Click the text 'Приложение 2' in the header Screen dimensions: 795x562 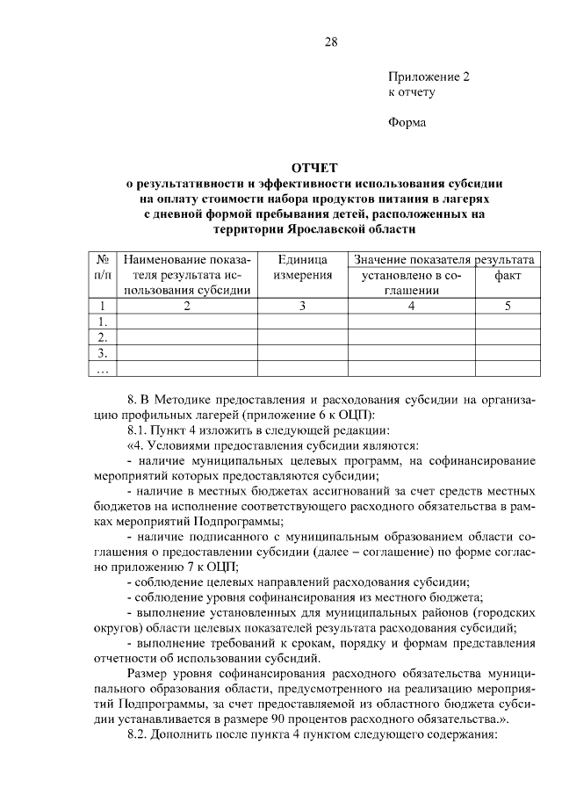pyautogui.click(x=429, y=76)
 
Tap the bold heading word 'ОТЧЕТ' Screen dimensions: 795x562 pyautogui.click(x=314, y=169)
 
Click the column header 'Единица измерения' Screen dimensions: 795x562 pyautogui.click(x=303, y=268)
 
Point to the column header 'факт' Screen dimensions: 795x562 pyautogui.click(x=507, y=276)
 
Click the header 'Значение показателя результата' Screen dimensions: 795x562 pyautogui.click(x=443, y=260)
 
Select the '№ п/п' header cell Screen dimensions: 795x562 pyautogui.click(x=103, y=268)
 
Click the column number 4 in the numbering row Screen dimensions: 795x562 pyautogui.click(x=412, y=307)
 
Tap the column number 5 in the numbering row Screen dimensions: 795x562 pyautogui.click(x=507, y=307)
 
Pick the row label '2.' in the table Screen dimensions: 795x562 pyautogui.click(x=103, y=337)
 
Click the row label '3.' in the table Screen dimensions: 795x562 pyautogui.click(x=103, y=353)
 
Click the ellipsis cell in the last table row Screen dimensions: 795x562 pyautogui.click(x=103, y=369)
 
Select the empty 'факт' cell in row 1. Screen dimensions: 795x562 pyautogui.click(x=507, y=322)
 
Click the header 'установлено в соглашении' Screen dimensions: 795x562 pyautogui.click(x=412, y=283)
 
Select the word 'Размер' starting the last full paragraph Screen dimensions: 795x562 pyautogui.click(x=148, y=673)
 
